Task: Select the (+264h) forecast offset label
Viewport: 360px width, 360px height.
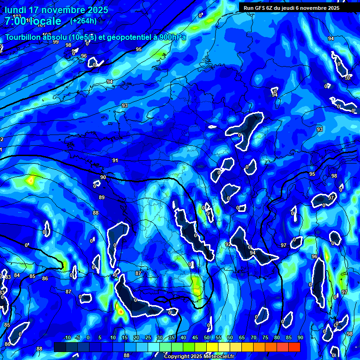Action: coord(83,21)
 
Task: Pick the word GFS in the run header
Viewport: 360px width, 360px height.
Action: coord(261,8)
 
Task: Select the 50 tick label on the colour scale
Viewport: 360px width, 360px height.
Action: coord(207,338)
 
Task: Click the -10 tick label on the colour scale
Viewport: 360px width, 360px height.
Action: coord(67,338)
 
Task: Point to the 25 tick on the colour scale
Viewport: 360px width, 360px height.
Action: coord(148,338)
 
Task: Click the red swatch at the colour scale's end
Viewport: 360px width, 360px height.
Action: coord(294,347)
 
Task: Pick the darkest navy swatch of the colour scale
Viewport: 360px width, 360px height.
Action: coord(60,347)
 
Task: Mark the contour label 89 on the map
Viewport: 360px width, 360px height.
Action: coord(102,197)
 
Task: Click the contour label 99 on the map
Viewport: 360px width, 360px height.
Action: coord(56,42)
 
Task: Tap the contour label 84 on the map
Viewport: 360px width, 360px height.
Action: coord(17,275)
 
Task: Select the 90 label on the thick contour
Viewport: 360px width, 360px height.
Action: coord(103,177)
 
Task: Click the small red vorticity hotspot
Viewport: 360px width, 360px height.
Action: coord(121,310)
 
